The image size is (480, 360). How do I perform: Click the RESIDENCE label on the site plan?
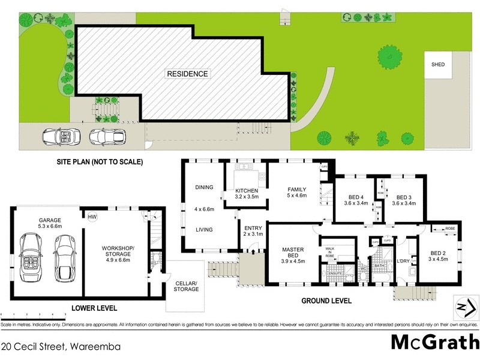[x=188, y=74]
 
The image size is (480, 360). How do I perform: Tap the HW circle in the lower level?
[x=92, y=217]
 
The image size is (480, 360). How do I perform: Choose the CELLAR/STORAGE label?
[x=187, y=287]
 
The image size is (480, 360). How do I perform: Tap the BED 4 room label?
[x=356, y=201]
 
